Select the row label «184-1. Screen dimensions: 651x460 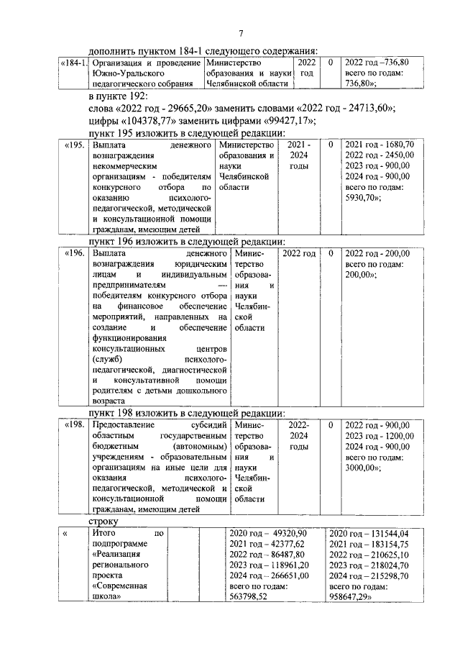[x=73, y=63]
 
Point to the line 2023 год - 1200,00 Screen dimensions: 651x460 [x=379, y=435]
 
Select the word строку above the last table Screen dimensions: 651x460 [x=104, y=519]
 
